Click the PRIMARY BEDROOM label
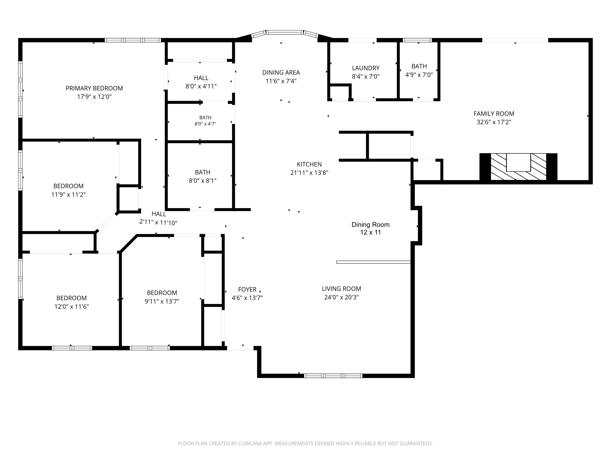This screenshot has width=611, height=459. click(x=94, y=88)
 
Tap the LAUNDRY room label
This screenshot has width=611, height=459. click(x=366, y=68)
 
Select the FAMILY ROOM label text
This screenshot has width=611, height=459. click(x=494, y=114)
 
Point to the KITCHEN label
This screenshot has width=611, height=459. click(x=309, y=164)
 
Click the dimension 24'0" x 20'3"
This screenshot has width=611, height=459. click(x=341, y=297)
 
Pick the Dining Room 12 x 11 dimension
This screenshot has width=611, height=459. click(x=370, y=232)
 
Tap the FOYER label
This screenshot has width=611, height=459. click(x=247, y=289)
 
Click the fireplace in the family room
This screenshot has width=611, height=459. click(x=518, y=167)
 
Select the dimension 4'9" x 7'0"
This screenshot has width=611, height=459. click(x=419, y=75)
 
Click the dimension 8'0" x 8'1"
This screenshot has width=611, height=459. click(x=202, y=181)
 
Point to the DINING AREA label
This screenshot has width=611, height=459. click(x=281, y=72)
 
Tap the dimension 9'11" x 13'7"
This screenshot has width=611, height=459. click(x=162, y=301)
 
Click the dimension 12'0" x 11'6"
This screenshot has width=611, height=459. click(x=71, y=307)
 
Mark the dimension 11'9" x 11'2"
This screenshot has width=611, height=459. click(x=68, y=194)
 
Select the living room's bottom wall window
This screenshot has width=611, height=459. click(x=333, y=376)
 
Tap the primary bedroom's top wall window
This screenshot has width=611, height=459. click(x=133, y=40)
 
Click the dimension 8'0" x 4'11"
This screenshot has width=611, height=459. click(x=201, y=86)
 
